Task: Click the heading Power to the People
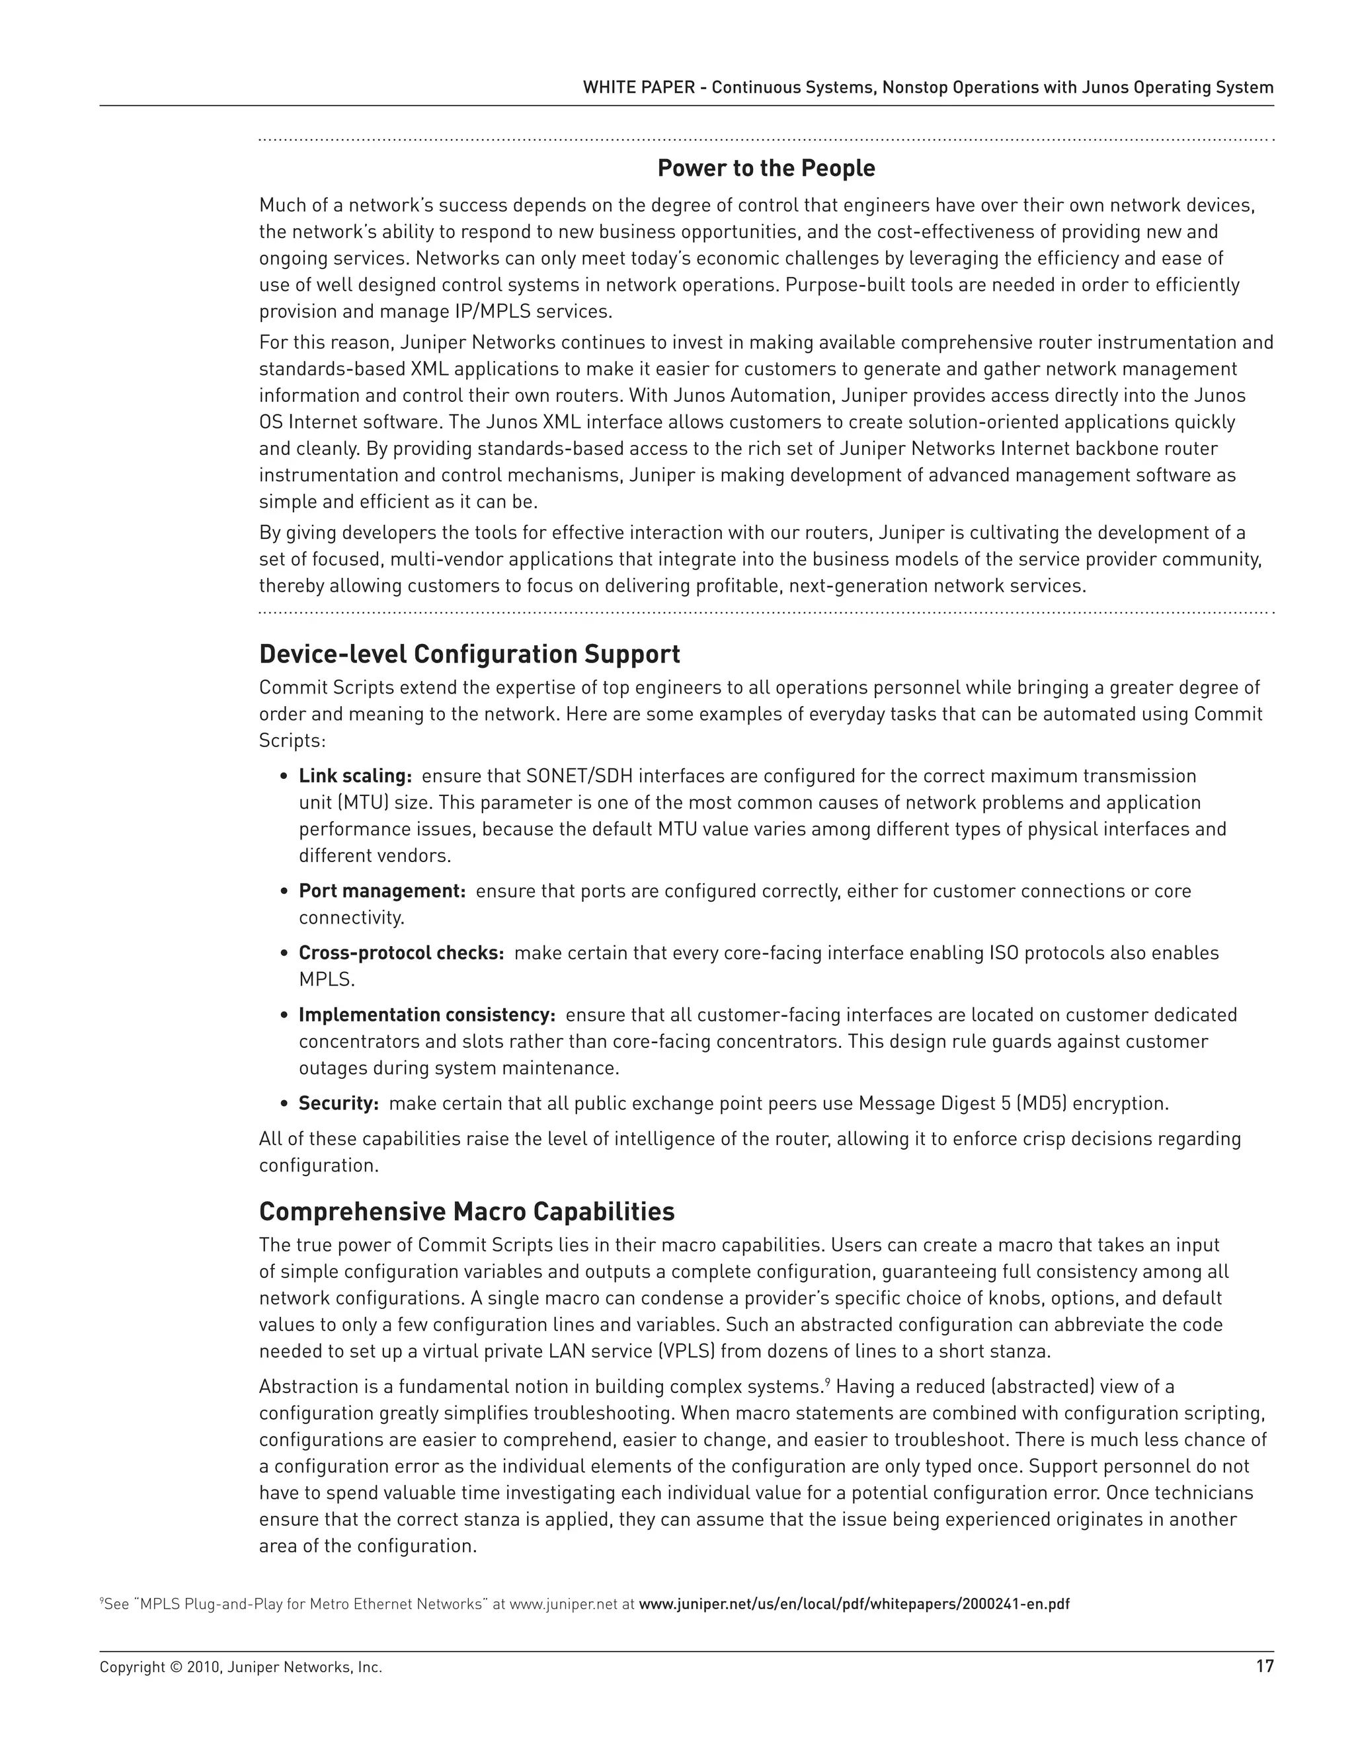(x=766, y=169)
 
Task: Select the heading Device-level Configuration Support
(x=469, y=655)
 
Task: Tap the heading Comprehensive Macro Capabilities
(x=467, y=1211)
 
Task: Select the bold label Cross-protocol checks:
(x=401, y=953)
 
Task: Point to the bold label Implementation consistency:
(x=426, y=1015)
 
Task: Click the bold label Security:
(x=338, y=1104)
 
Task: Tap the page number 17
(x=1264, y=1667)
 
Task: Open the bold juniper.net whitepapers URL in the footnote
(x=854, y=1605)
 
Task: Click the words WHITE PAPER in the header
(x=639, y=87)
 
